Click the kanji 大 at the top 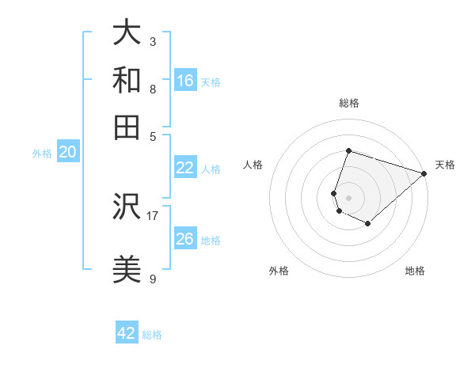(x=127, y=33)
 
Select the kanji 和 (x=127, y=80)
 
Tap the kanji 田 (x=127, y=127)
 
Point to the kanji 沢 (x=127, y=207)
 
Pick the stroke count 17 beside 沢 (x=153, y=214)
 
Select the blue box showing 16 (x=185, y=81)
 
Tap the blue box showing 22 (x=185, y=168)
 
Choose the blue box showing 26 (x=185, y=239)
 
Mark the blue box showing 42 (x=127, y=333)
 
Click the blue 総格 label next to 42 (x=152, y=335)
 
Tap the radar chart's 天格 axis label (x=445, y=165)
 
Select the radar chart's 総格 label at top (x=349, y=103)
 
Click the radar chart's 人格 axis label (x=253, y=165)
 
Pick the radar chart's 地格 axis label (x=415, y=271)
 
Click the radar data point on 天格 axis (x=424, y=173)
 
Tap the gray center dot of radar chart (x=349, y=197)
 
